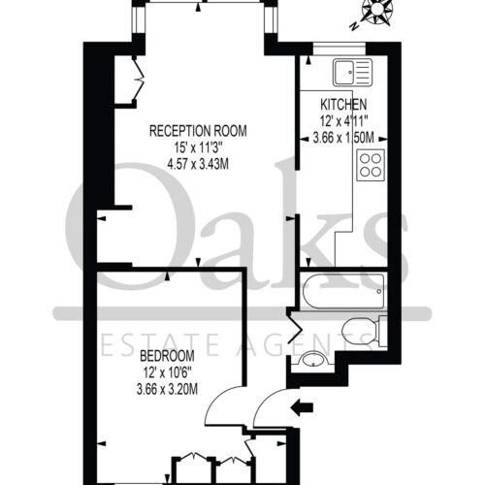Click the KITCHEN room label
[x=343, y=105]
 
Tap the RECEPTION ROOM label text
[x=198, y=131]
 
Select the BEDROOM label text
[x=167, y=356]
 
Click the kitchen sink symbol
[x=353, y=73]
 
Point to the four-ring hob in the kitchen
[x=371, y=165]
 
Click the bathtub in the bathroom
[x=343, y=291]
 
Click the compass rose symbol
[x=377, y=11]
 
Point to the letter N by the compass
[x=354, y=26]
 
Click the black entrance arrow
[x=302, y=407]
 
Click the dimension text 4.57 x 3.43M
[x=198, y=165]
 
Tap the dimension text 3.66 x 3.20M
[x=167, y=389]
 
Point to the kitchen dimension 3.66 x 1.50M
[x=343, y=138]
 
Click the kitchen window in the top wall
[x=339, y=48]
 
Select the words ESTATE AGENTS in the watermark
[x=236, y=344]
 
